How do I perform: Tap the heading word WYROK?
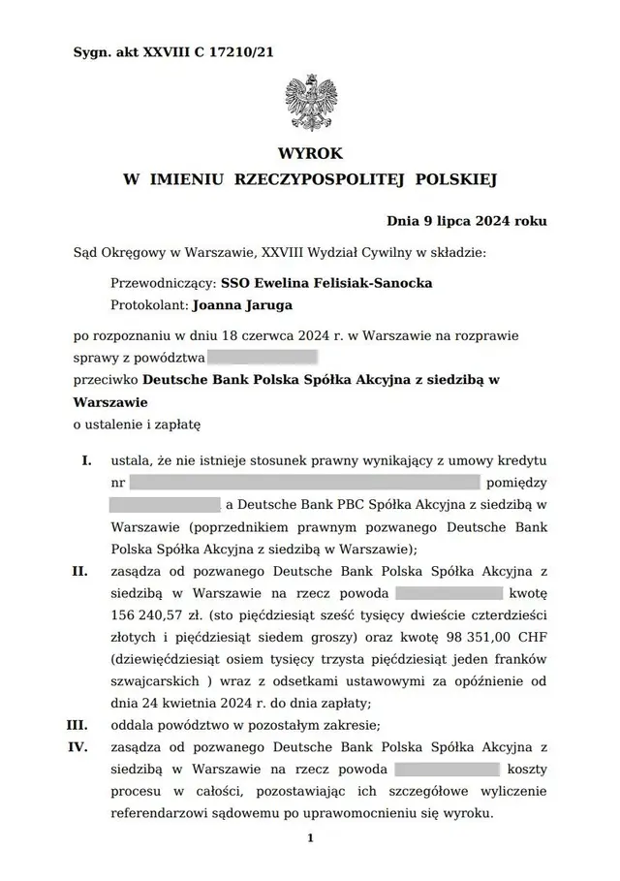[310, 154]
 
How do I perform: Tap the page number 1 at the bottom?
[310, 838]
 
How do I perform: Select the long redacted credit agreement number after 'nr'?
[305, 482]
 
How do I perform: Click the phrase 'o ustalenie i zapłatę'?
[137, 424]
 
